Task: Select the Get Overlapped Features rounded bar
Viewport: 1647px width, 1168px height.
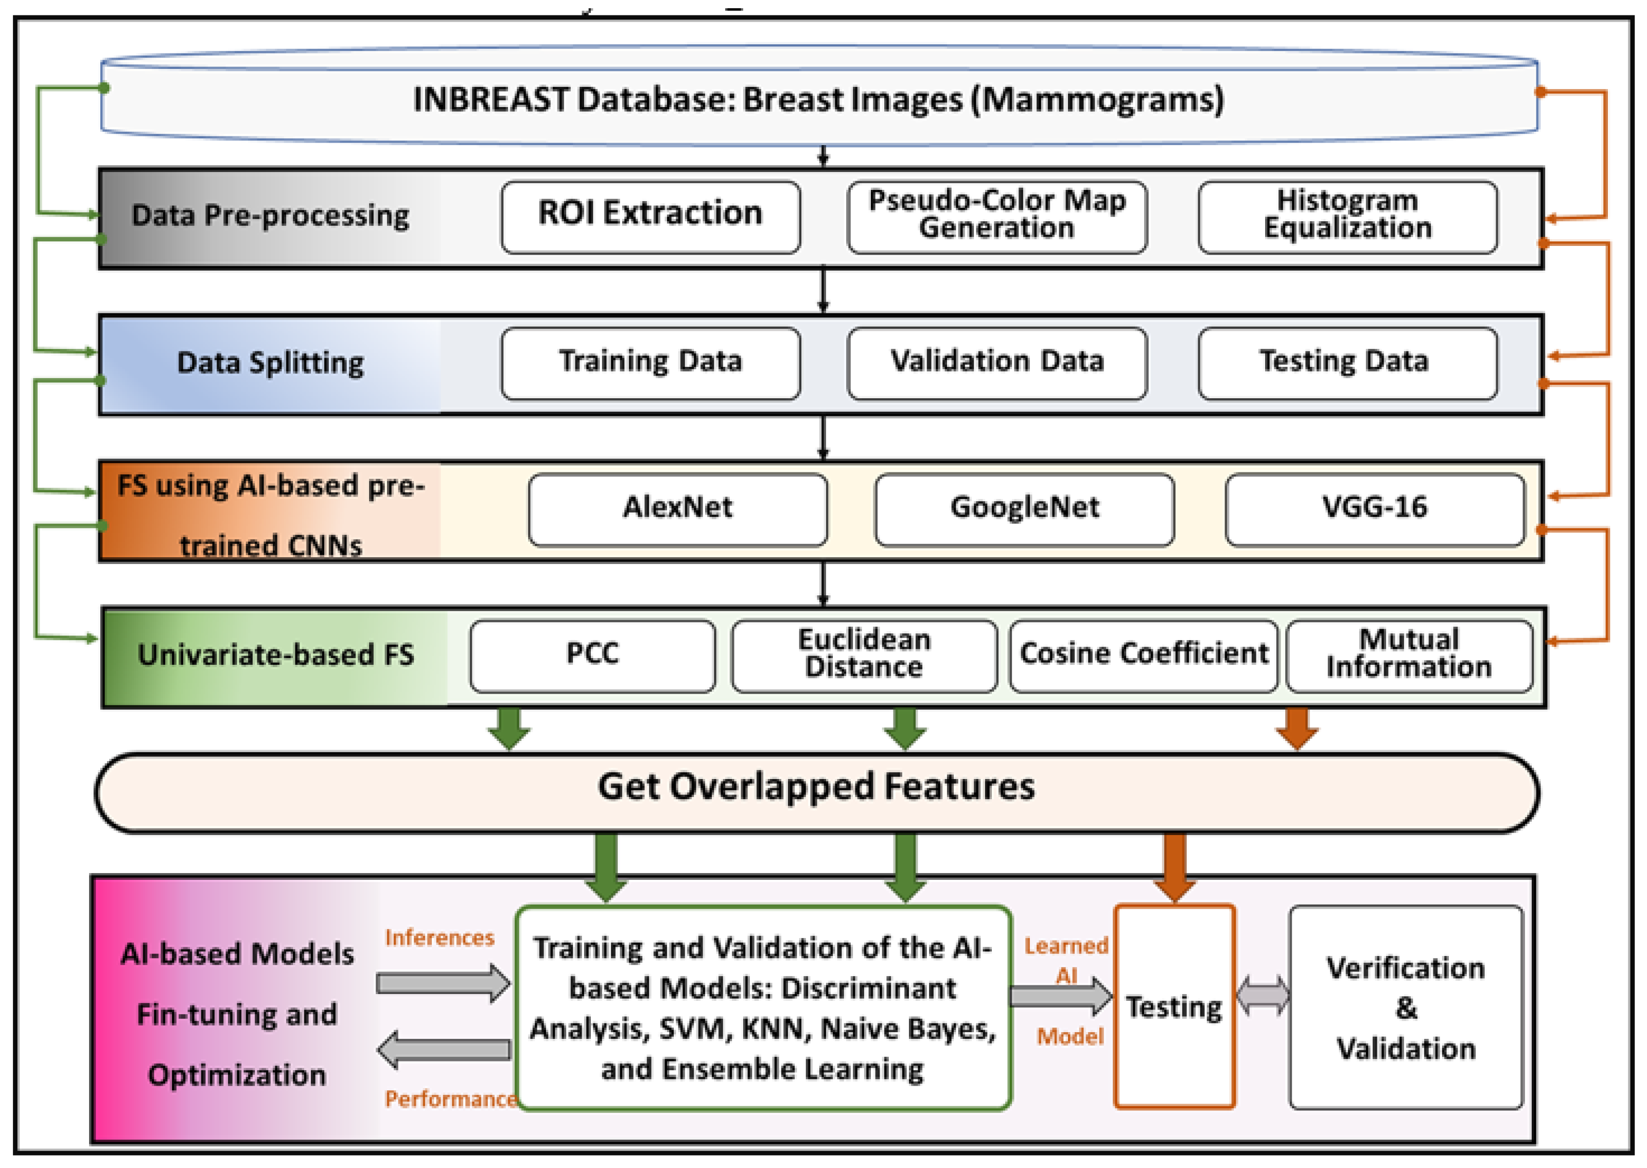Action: point(816,792)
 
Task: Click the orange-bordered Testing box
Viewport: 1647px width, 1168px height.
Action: point(1174,1007)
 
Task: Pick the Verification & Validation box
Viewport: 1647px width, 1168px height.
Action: point(1405,1007)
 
